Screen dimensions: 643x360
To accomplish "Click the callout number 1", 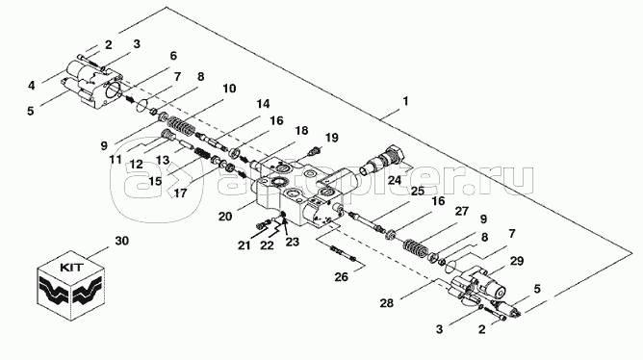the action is (x=405, y=101).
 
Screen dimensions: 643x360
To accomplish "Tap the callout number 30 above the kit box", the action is (x=122, y=241).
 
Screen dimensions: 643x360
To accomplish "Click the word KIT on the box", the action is (x=72, y=268).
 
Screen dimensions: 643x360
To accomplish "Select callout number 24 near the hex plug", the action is (x=395, y=180).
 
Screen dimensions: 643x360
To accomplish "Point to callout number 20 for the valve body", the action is (x=225, y=216).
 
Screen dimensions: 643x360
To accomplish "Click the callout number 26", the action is (x=341, y=277).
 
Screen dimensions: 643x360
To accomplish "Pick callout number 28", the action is (x=386, y=303).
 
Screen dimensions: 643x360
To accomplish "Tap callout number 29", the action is (x=517, y=261).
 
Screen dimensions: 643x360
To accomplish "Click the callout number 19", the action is (x=331, y=138).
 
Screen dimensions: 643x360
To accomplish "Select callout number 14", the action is (x=263, y=104).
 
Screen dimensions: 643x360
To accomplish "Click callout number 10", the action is (x=229, y=89).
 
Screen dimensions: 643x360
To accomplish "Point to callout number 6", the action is (x=173, y=56).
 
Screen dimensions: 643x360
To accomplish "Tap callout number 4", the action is (x=32, y=86).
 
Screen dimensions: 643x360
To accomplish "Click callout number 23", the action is (x=293, y=242).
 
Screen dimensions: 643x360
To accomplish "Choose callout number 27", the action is (x=462, y=211).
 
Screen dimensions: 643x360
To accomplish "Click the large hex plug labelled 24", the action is (x=383, y=161).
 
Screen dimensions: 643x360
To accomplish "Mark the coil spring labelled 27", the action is (x=416, y=247).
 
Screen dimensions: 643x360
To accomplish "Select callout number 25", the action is (x=418, y=191).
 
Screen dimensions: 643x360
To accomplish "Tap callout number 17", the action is (x=180, y=193).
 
